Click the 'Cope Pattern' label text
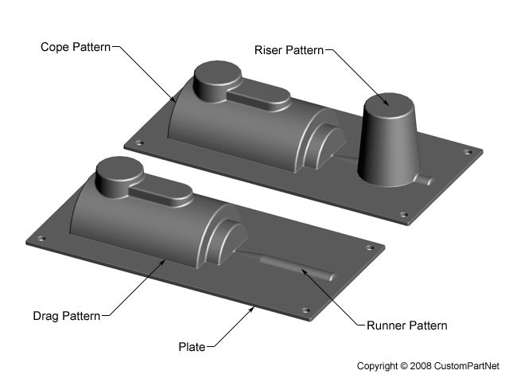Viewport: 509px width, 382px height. point(76,47)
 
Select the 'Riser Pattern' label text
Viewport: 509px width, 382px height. point(289,50)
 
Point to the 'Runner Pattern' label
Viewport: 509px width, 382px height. point(406,325)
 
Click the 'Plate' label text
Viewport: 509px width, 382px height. point(191,346)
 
